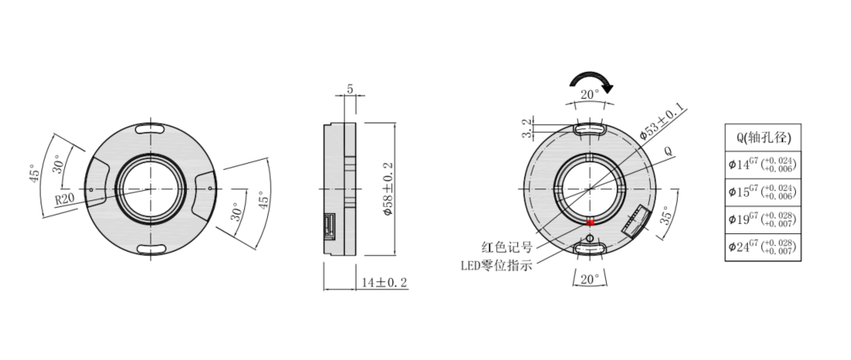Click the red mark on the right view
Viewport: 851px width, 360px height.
pos(591,222)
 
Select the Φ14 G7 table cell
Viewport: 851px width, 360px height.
pos(762,165)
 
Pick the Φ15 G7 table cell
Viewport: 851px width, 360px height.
pos(762,192)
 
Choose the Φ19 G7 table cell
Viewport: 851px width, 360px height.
pos(762,220)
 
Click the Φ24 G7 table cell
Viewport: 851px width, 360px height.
pos(762,248)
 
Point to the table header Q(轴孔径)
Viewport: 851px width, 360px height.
pos(762,138)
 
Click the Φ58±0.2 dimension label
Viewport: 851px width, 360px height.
pos(388,189)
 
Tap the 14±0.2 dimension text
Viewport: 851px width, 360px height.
pos(385,283)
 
